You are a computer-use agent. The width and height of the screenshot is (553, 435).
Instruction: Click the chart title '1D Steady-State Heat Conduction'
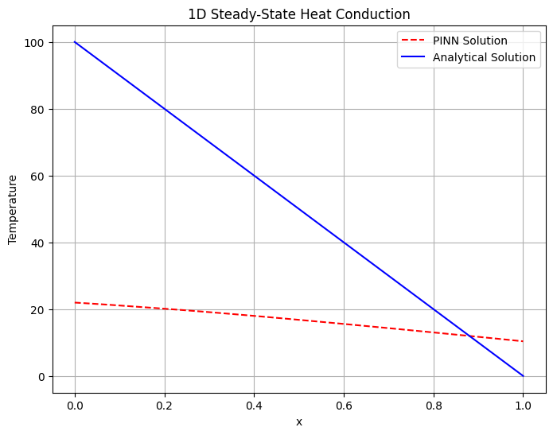(299, 14)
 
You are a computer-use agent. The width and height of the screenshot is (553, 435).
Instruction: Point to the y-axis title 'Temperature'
(13, 209)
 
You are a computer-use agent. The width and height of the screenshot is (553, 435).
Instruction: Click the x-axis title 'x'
(299, 422)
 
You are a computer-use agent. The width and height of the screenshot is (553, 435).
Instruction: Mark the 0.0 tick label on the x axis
(75, 406)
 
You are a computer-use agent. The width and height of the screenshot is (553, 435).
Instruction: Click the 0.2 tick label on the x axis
(165, 406)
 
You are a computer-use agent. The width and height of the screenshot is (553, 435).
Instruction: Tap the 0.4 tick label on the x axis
(255, 406)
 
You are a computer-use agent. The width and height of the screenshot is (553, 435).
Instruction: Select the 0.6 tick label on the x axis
(344, 406)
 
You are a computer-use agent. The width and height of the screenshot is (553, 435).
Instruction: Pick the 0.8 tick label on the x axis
(434, 406)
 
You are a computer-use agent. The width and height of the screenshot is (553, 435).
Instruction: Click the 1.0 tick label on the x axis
(524, 406)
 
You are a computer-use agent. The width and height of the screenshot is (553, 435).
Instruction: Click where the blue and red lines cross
(469, 336)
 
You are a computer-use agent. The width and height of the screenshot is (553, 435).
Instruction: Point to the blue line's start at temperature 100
(75, 42)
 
